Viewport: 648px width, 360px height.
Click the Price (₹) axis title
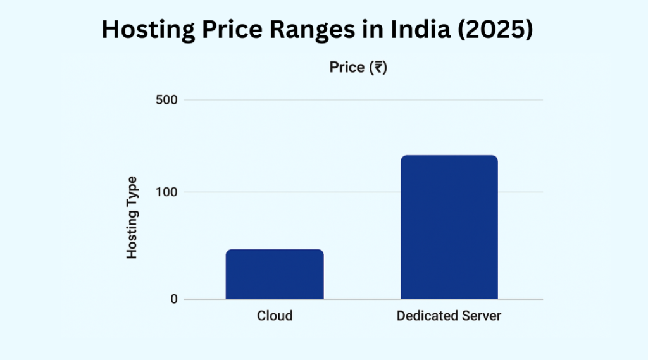pos(358,67)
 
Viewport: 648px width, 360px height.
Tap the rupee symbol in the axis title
pos(377,68)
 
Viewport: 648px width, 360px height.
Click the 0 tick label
pos(173,299)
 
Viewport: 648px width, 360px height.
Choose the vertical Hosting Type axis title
pos(132,217)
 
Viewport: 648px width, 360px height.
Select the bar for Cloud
pos(275,274)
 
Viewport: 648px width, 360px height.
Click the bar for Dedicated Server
pos(449,227)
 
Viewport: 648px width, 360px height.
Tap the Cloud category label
pos(275,316)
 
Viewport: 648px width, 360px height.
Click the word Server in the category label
pos(481,316)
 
